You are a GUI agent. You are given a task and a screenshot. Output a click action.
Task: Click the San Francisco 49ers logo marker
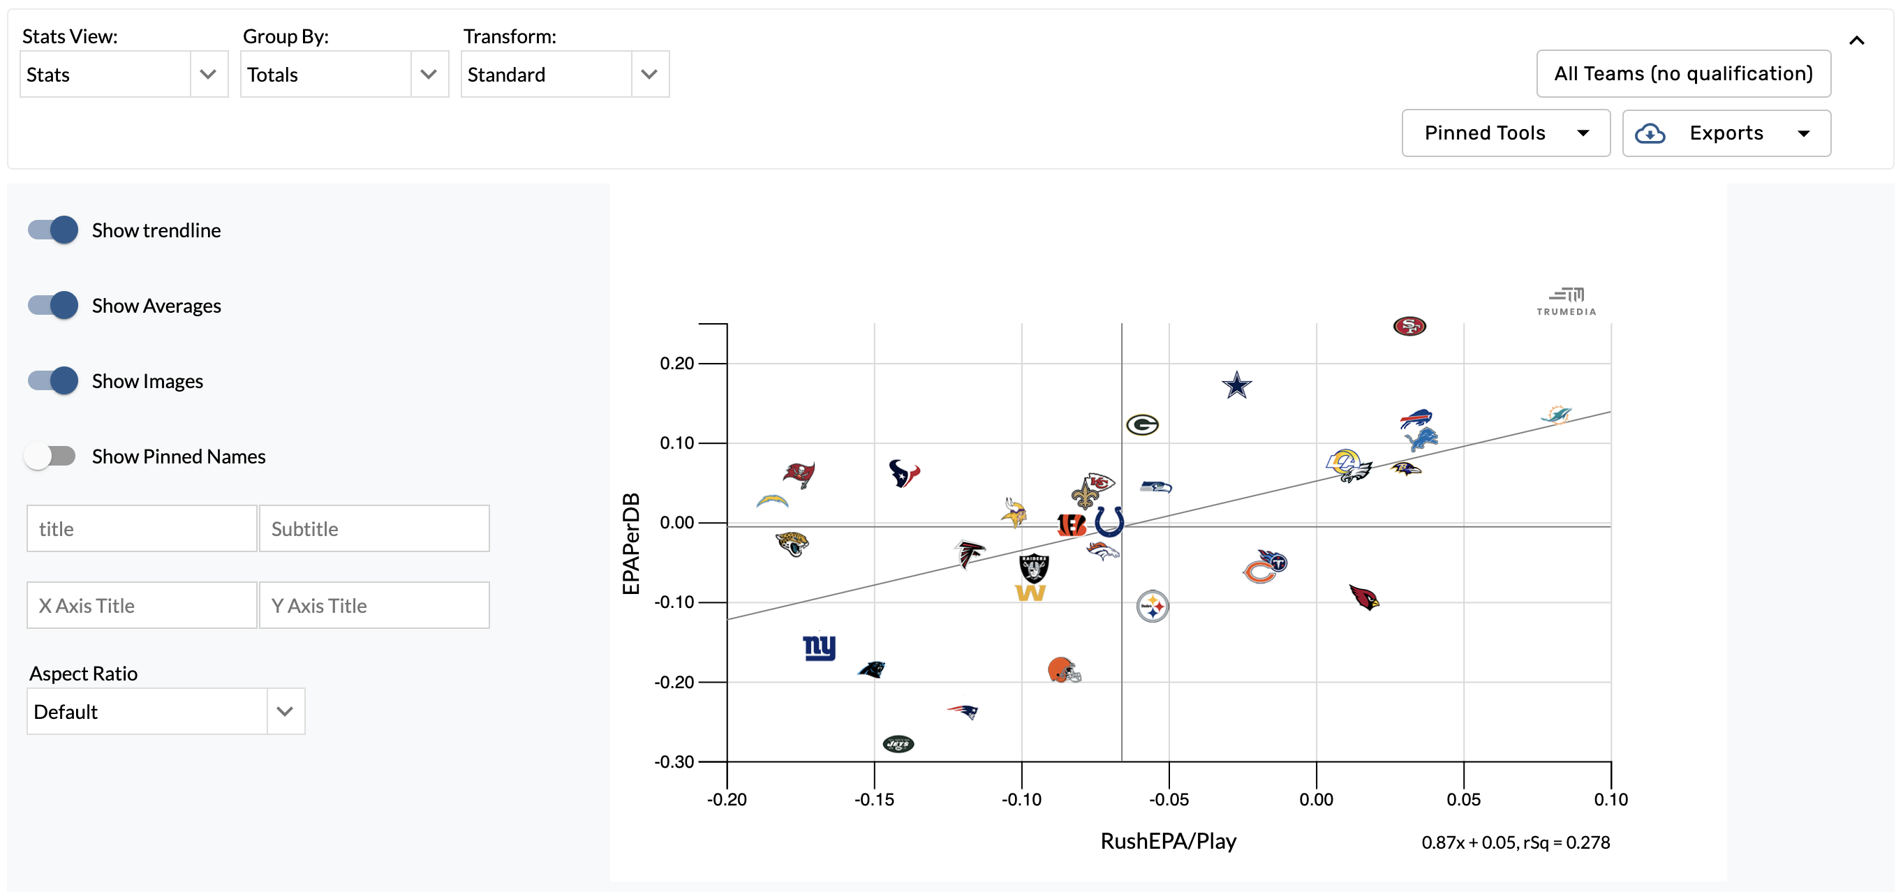click(1409, 326)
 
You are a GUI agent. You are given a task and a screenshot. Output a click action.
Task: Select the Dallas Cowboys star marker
click(1236, 385)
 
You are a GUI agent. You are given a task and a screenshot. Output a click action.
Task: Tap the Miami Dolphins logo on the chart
click(1556, 415)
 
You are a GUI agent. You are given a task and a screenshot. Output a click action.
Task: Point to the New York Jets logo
click(898, 743)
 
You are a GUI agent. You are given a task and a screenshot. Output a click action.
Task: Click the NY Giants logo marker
click(819, 648)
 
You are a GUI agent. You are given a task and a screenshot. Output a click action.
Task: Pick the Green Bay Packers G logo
click(1142, 424)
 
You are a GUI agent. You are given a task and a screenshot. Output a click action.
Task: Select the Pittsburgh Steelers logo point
click(1152, 607)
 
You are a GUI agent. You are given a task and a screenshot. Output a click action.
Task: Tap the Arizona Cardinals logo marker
click(1363, 597)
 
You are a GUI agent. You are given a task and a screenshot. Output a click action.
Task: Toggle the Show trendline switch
click(53, 230)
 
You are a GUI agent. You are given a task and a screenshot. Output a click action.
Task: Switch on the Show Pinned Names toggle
click(50, 456)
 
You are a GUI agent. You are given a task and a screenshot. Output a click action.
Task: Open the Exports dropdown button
click(1726, 133)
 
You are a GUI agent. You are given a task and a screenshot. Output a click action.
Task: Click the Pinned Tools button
click(1505, 133)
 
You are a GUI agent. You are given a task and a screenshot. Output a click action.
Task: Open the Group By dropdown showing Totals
click(344, 75)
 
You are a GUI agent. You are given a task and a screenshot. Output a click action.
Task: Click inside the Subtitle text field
click(373, 528)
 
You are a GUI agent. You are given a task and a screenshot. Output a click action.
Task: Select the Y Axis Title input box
click(373, 606)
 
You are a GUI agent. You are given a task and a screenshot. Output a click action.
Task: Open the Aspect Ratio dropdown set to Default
click(165, 712)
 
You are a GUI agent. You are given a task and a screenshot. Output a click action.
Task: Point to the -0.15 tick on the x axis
click(874, 799)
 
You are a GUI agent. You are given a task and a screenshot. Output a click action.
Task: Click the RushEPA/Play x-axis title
click(1168, 841)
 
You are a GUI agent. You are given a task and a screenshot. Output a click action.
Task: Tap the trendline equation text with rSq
click(1515, 842)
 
